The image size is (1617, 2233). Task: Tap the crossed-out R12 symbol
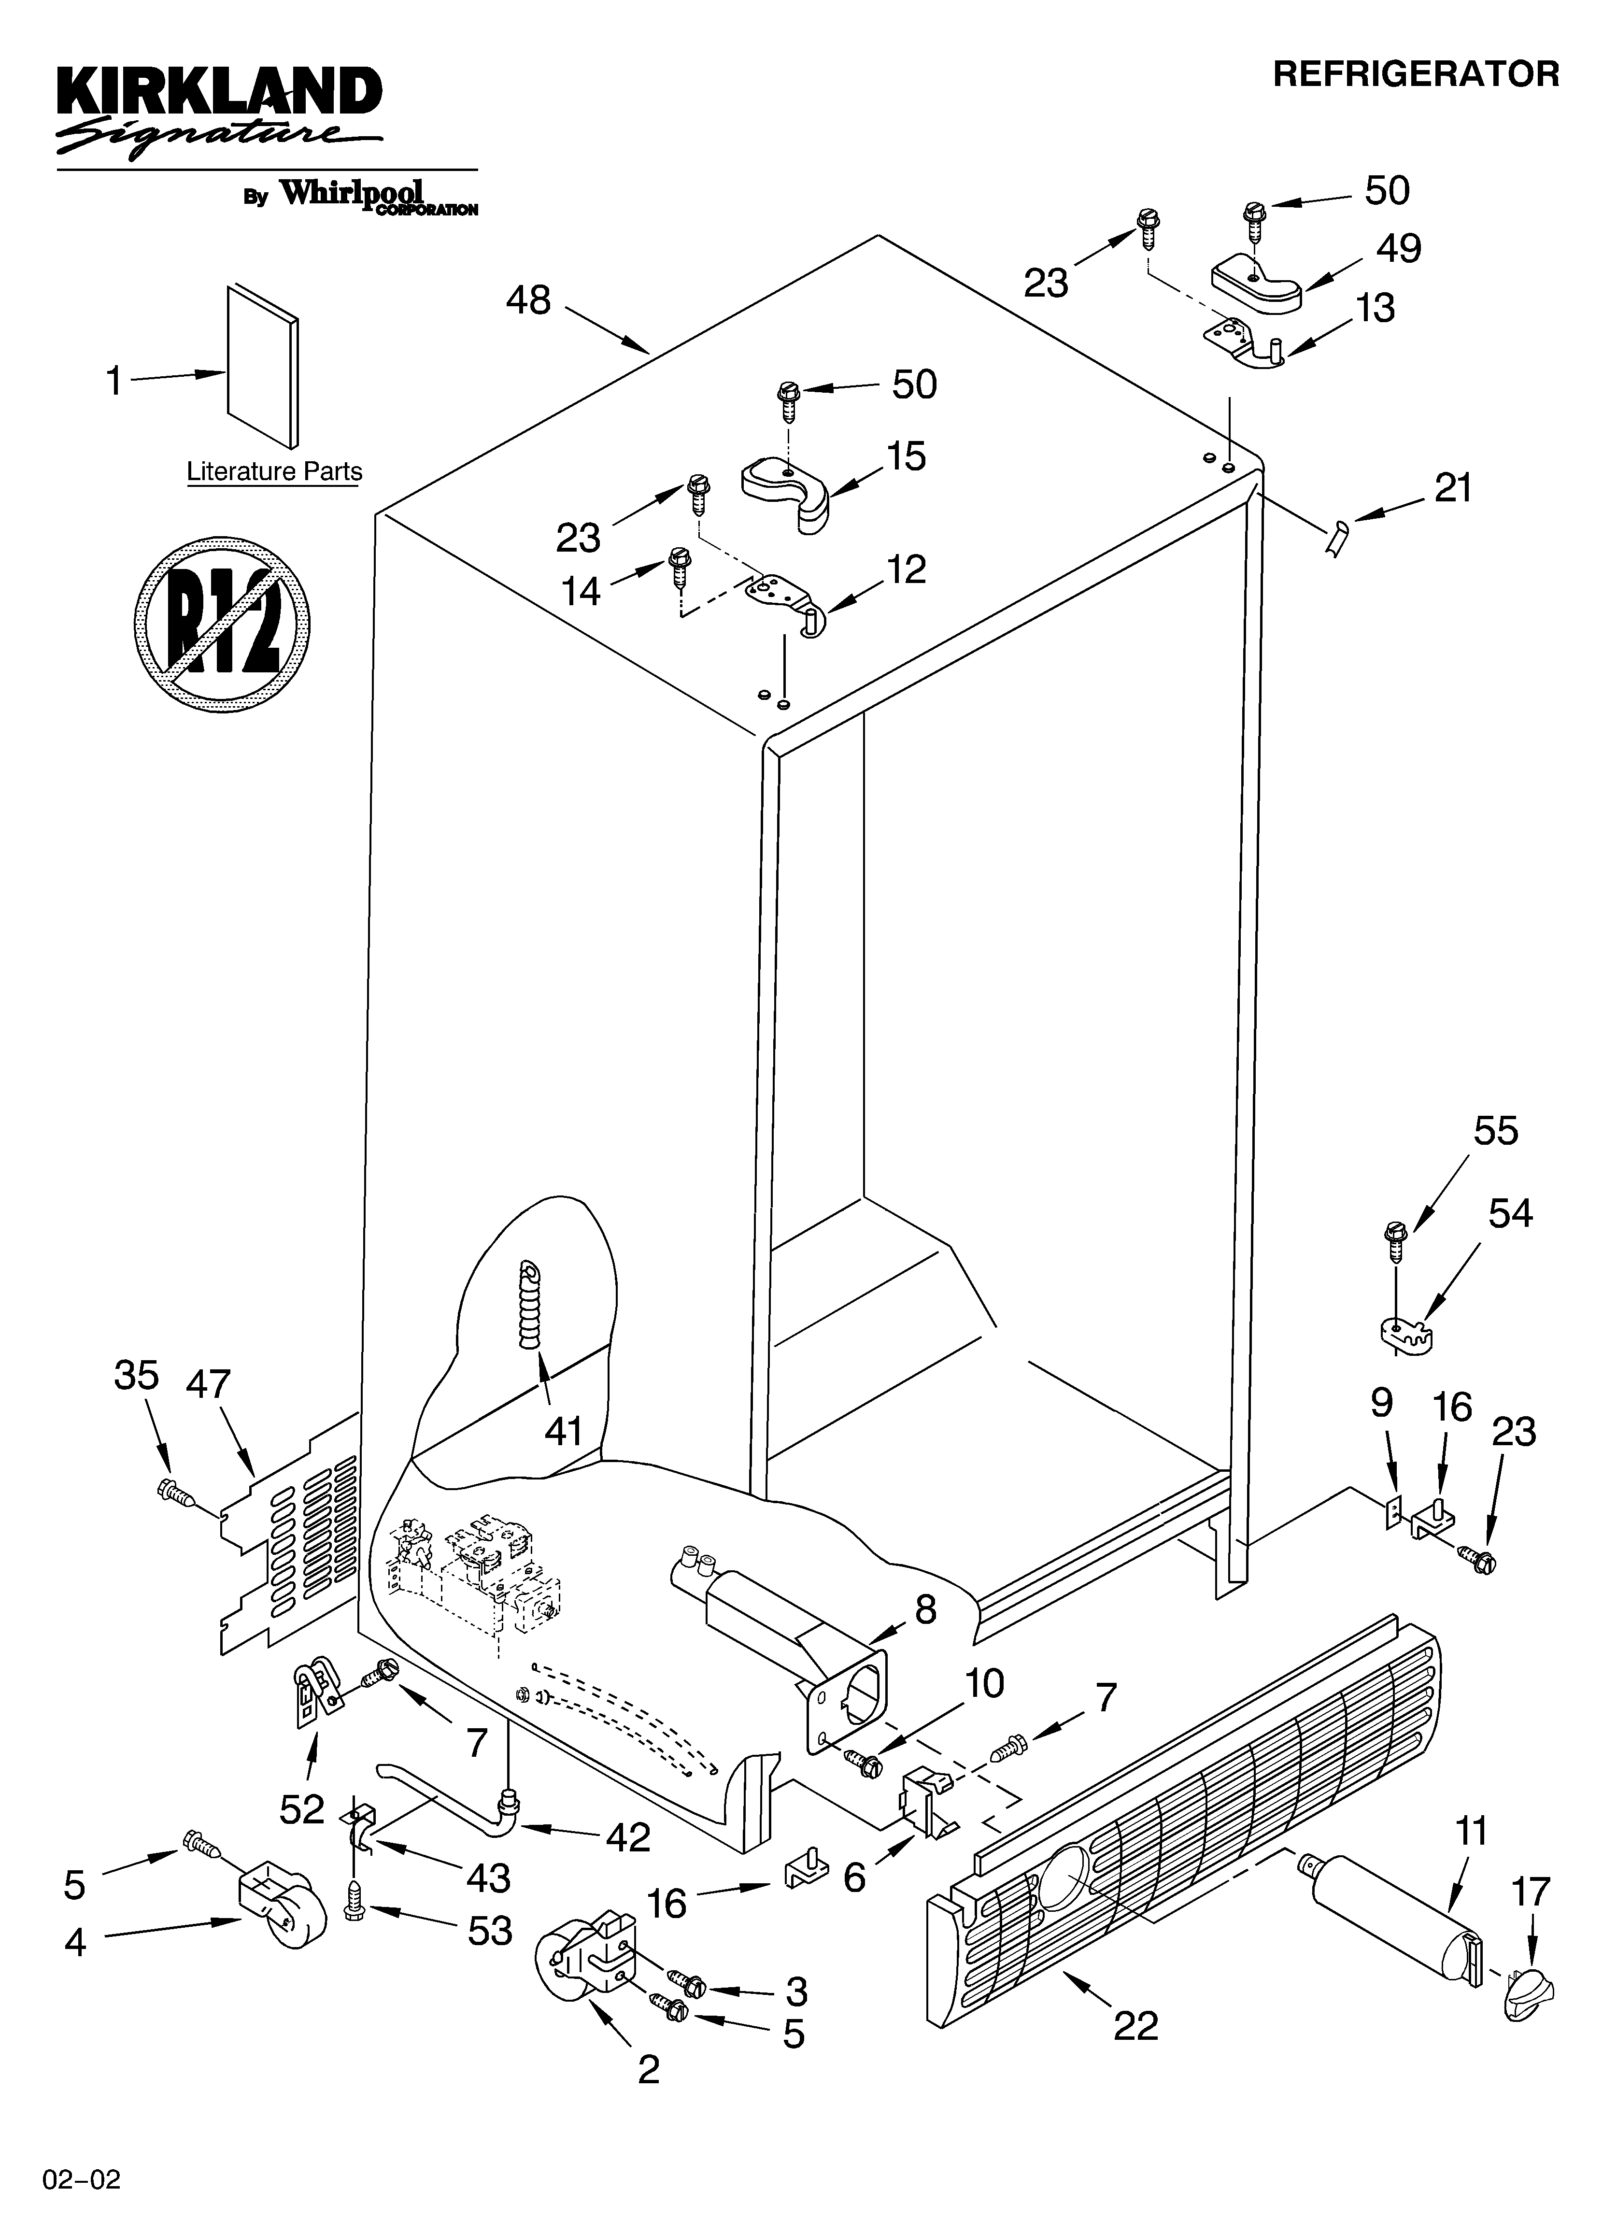(x=223, y=624)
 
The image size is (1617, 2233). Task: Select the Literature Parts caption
(x=275, y=471)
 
